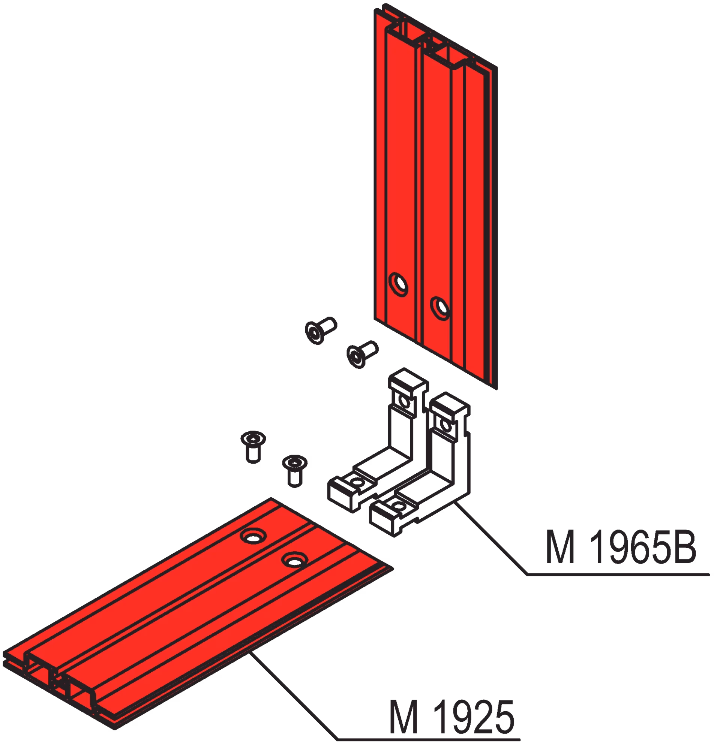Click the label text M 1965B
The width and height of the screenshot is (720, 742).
point(621,547)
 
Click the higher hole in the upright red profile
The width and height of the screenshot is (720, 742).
point(399,284)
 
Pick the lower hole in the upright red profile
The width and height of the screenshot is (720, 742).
point(441,308)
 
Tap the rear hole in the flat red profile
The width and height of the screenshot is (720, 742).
point(253,536)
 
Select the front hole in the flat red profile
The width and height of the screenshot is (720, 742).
point(295,560)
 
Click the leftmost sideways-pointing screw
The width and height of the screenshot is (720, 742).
point(320,330)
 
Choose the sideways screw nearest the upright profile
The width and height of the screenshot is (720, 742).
point(362,354)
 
